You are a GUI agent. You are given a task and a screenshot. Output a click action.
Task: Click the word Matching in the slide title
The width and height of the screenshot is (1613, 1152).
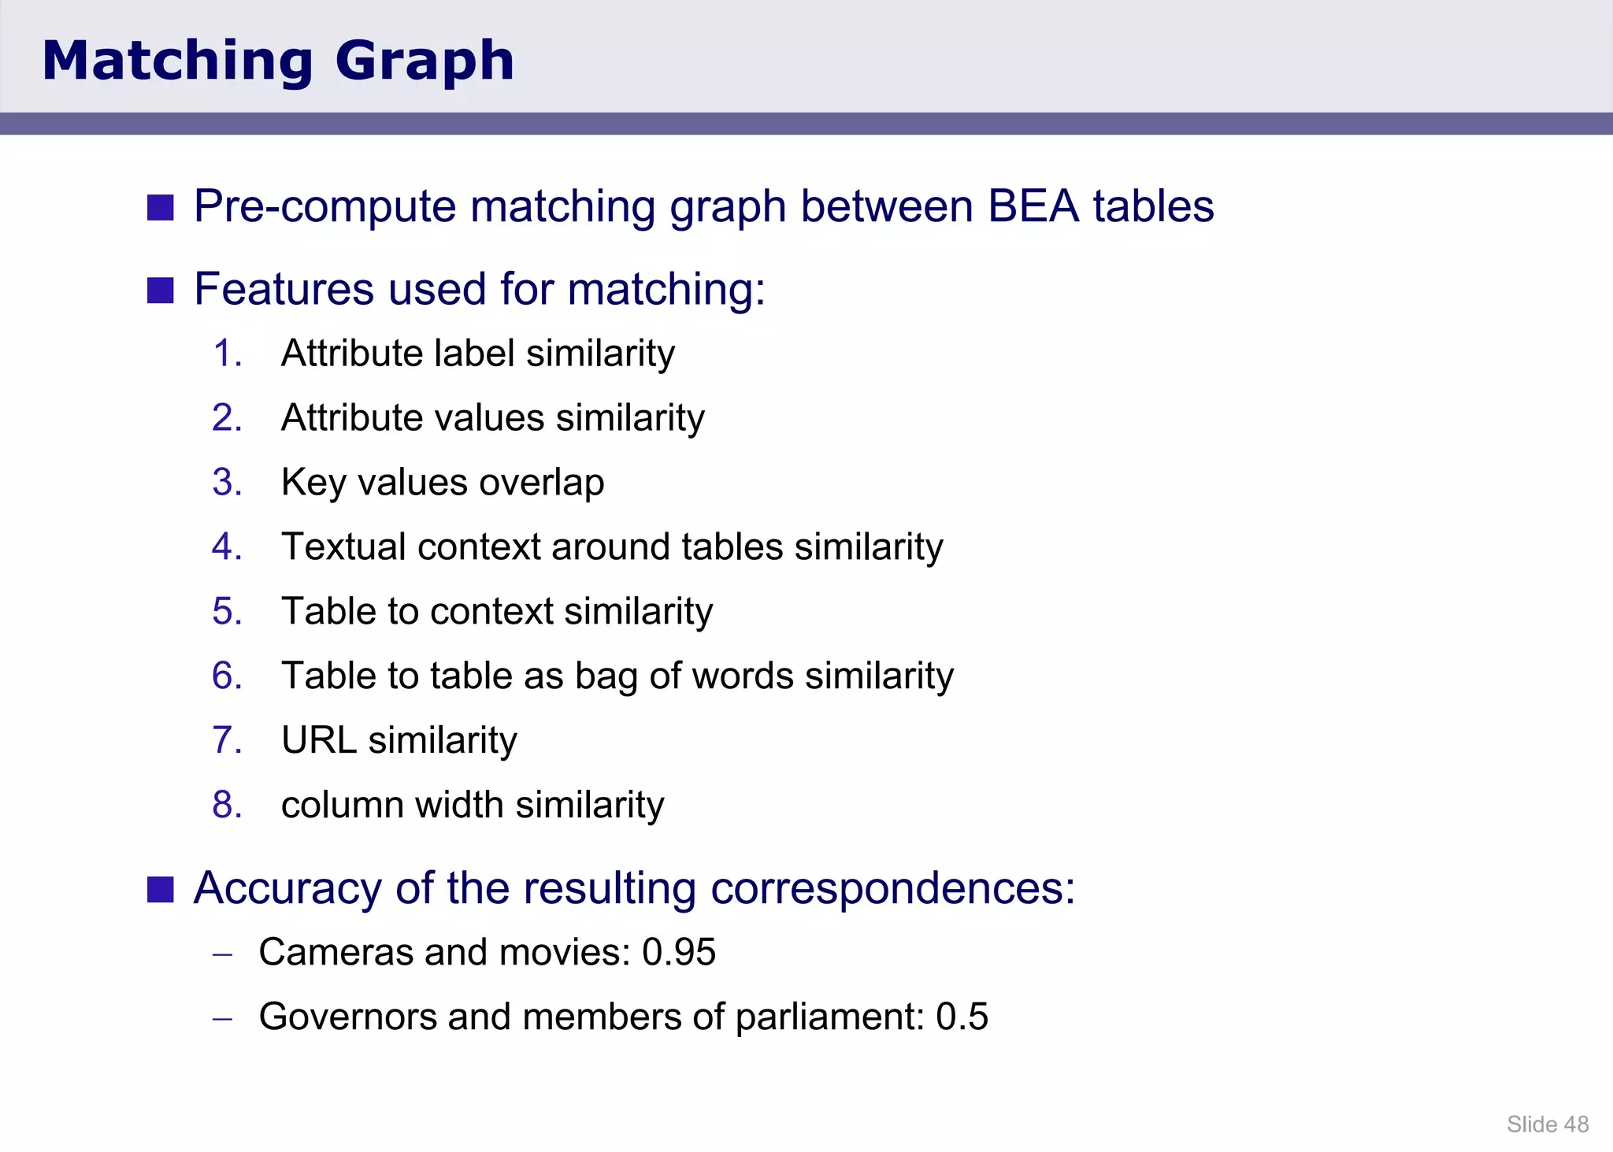tap(178, 61)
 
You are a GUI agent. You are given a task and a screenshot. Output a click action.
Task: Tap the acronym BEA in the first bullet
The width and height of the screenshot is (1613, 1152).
tap(1033, 206)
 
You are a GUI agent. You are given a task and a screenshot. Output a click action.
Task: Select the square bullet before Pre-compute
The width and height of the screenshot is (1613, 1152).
tap(161, 208)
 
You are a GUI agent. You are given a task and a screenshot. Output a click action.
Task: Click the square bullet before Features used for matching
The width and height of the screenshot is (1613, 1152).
tap(161, 290)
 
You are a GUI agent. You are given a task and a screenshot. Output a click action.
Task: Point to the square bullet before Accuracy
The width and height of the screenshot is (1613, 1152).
tap(161, 890)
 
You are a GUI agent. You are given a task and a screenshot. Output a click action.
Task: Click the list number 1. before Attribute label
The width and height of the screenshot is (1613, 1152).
tap(227, 354)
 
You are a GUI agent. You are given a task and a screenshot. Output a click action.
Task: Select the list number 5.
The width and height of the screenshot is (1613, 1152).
tap(227, 612)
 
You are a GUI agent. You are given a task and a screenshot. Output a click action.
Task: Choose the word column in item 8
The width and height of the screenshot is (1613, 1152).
tap(342, 805)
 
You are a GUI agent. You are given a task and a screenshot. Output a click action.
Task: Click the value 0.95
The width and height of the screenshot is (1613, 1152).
tap(678, 952)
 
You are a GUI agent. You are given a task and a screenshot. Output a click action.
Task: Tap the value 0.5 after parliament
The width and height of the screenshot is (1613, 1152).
tap(961, 1017)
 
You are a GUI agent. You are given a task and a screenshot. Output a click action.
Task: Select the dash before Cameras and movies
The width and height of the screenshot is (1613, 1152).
tap(223, 954)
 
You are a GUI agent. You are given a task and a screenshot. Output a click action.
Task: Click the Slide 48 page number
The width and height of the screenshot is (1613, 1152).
tap(1547, 1124)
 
